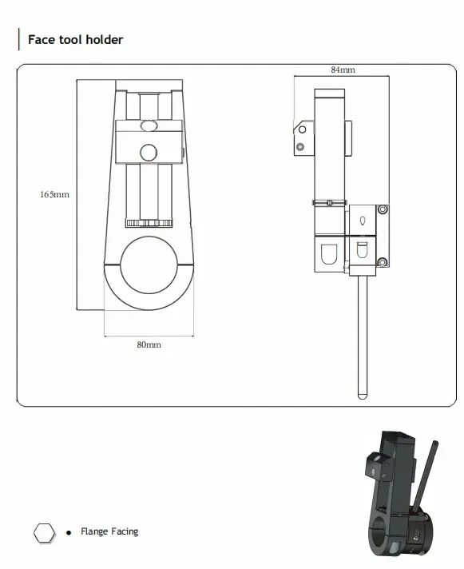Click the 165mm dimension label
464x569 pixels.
click(x=55, y=194)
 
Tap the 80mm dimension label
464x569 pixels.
click(x=149, y=344)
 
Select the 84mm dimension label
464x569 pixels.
click(x=343, y=70)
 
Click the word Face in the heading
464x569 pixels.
click(x=42, y=39)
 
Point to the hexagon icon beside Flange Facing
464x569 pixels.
click(x=44, y=533)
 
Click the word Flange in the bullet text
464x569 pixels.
click(x=94, y=531)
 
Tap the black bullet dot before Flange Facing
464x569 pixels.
click(x=69, y=533)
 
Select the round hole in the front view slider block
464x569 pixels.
click(x=149, y=153)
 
